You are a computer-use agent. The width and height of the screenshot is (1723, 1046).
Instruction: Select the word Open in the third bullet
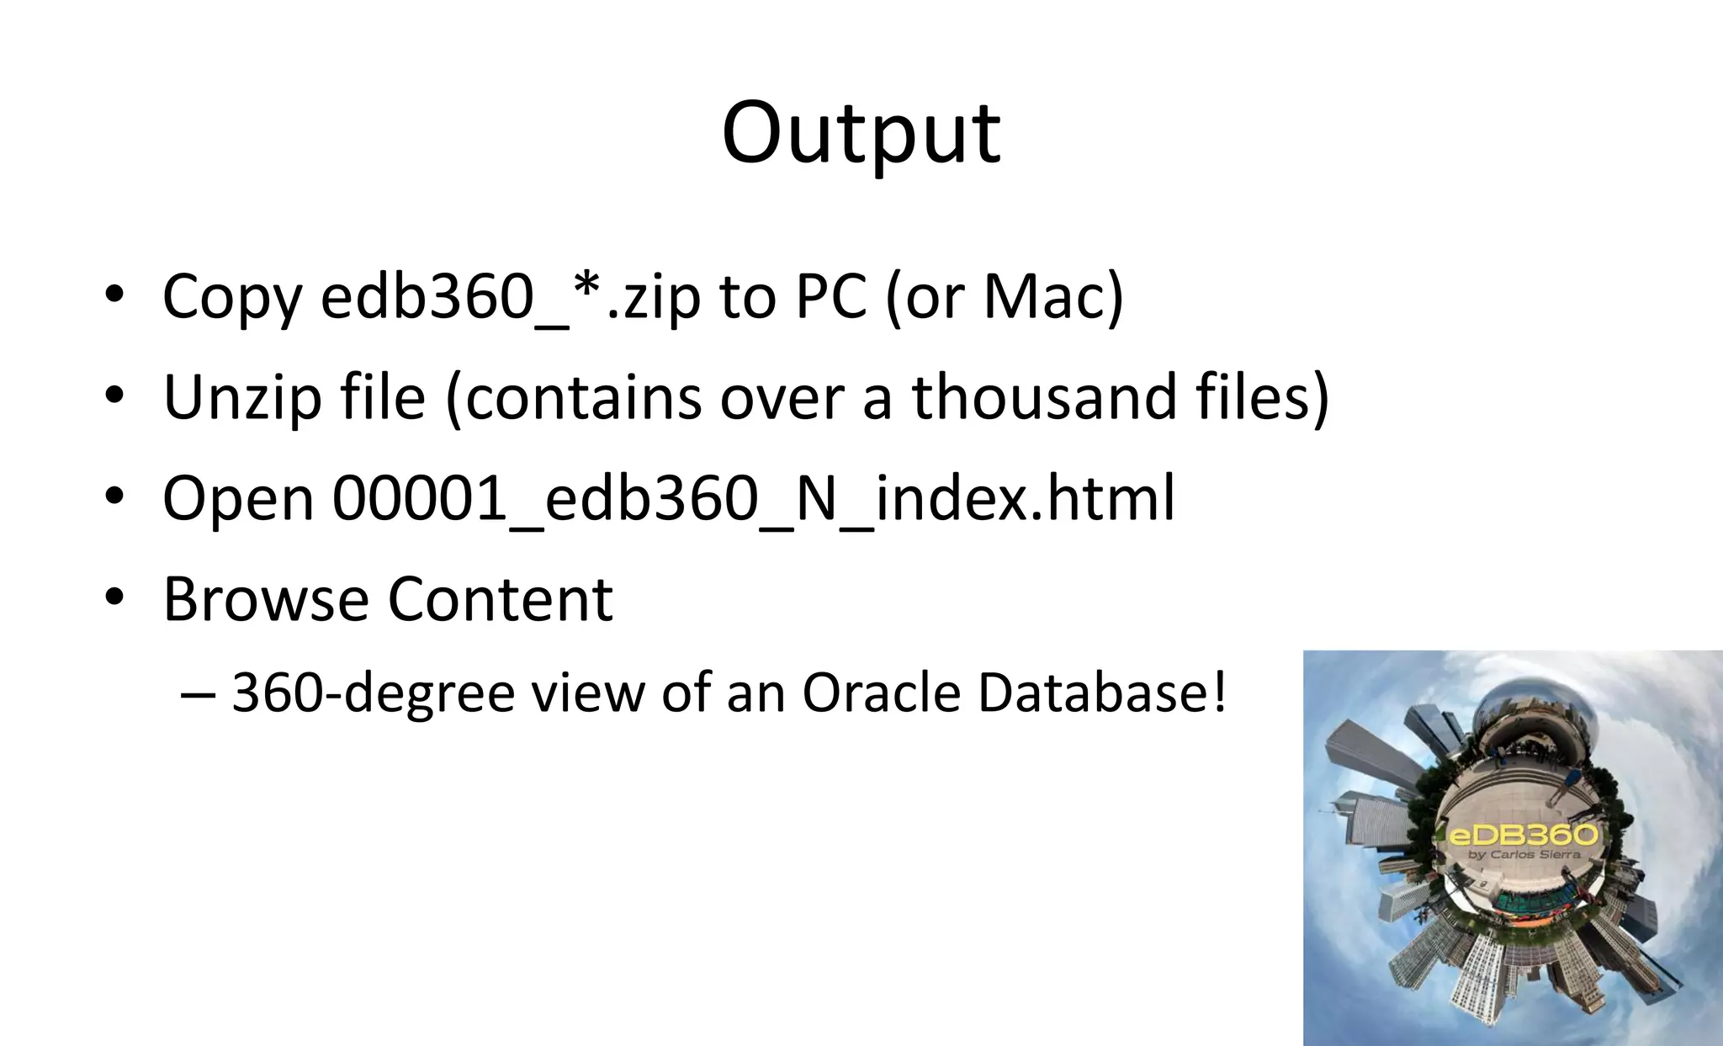[238, 498]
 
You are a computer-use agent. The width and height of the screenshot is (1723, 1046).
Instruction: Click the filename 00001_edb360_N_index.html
[753, 498]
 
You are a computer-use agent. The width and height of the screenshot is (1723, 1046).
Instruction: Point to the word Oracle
[881, 693]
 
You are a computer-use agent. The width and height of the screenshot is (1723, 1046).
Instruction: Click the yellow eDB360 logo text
[1522, 836]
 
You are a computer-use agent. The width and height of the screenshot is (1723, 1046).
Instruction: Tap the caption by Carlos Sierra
[1524, 855]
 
